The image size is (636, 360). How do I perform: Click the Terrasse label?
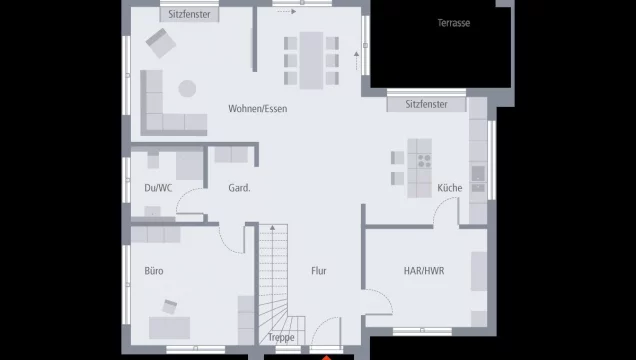[x=453, y=23]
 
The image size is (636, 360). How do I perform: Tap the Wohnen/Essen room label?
[x=258, y=109]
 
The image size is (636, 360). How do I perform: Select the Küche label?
[x=449, y=188]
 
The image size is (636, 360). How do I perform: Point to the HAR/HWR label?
[x=424, y=271]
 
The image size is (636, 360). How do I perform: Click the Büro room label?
[x=154, y=271]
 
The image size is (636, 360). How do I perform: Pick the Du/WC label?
[x=158, y=188]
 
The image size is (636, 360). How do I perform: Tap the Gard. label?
[x=239, y=188]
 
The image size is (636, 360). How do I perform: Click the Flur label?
[x=319, y=271]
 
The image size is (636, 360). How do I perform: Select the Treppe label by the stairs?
[x=281, y=337]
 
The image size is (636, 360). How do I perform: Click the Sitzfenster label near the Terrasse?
[x=426, y=104]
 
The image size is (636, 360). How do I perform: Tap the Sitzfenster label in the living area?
[x=189, y=15]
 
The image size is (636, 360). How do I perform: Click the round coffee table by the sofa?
[x=187, y=88]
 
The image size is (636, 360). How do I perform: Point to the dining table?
[x=311, y=60]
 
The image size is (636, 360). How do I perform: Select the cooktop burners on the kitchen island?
[x=424, y=161]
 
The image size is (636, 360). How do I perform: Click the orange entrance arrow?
[x=327, y=358]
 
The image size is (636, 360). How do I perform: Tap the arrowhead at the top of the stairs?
[x=273, y=228]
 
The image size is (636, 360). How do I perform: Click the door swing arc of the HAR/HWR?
[x=384, y=296]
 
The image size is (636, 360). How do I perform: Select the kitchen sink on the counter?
[x=478, y=174]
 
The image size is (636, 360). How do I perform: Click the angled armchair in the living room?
[x=161, y=43]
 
